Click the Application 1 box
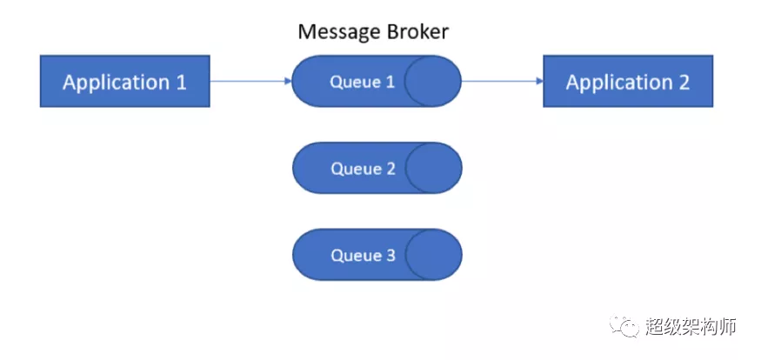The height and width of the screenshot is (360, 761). tap(124, 82)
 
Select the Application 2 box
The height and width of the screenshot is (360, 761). tap(627, 82)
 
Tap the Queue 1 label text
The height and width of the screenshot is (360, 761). tap(362, 82)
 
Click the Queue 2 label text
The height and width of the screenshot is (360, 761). tap(363, 169)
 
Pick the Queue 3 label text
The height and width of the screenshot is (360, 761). tap(363, 256)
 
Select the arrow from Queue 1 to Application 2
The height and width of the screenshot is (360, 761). tap(500, 82)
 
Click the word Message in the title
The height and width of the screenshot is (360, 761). tap(336, 32)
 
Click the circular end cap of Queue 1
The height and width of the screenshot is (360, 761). tap(432, 82)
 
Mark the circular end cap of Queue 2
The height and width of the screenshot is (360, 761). tap(433, 169)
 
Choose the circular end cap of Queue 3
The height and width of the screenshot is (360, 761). tap(433, 256)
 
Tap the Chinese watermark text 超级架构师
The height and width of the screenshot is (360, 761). tap(691, 327)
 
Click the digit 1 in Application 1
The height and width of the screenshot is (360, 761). tap(181, 83)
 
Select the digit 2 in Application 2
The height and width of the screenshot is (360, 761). tap(683, 83)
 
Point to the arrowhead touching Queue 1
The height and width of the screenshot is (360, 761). tap(288, 82)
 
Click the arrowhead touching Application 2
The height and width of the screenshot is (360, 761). tap(539, 82)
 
